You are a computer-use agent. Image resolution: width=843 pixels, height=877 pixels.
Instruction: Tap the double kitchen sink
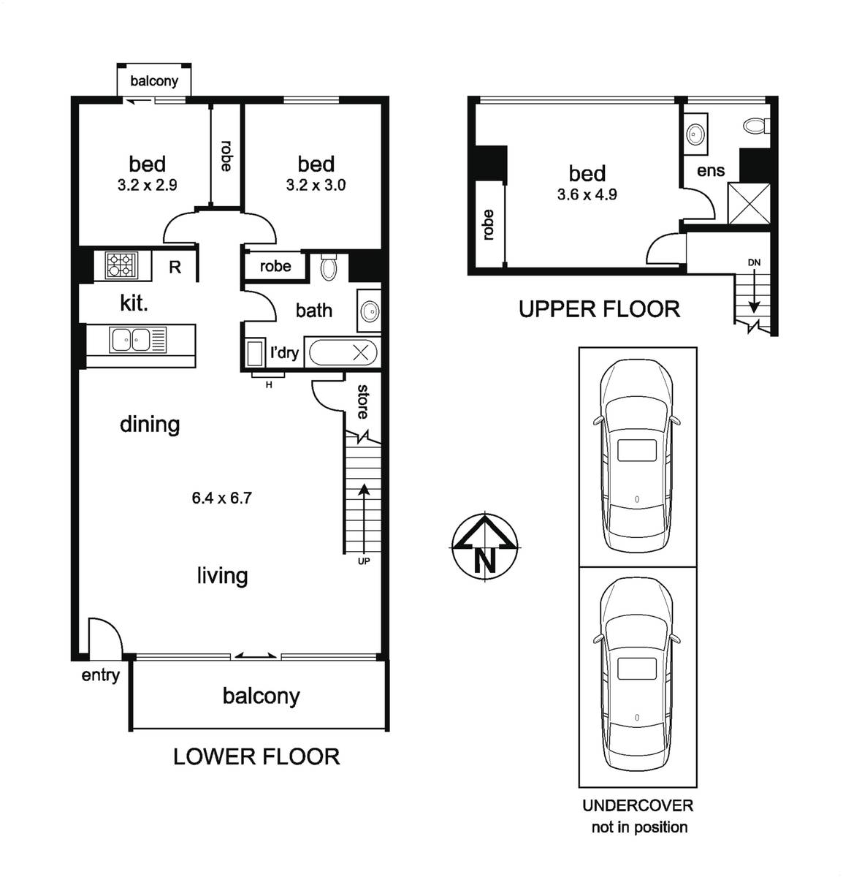click(130, 340)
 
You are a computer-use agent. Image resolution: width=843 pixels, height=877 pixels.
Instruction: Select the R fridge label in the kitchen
click(175, 267)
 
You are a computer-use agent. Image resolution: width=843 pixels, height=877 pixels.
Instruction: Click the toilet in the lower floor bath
click(329, 266)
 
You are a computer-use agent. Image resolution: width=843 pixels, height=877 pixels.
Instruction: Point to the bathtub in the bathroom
click(343, 352)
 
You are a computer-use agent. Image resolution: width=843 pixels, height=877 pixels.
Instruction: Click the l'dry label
click(284, 352)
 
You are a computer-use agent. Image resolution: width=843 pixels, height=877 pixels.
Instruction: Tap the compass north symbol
click(484, 547)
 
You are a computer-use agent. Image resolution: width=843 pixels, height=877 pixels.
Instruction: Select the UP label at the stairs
click(364, 561)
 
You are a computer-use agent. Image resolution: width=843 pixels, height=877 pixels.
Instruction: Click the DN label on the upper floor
click(754, 262)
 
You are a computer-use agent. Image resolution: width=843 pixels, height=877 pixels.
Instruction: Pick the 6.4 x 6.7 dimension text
click(221, 498)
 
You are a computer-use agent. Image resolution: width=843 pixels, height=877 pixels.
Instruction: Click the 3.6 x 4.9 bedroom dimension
click(587, 194)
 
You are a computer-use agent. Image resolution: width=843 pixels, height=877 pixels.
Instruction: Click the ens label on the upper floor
click(711, 171)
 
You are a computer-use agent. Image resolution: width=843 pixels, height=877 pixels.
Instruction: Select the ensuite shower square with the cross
click(749, 204)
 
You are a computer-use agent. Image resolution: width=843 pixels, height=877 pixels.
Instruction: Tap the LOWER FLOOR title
click(256, 756)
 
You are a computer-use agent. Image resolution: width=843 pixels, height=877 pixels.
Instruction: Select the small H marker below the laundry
click(269, 385)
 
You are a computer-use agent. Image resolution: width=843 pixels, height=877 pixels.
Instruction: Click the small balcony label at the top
click(154, 81)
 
